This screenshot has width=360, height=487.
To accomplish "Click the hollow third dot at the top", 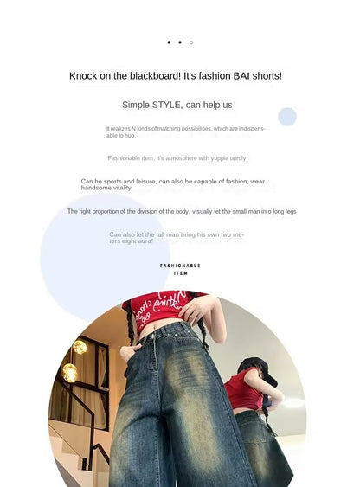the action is click(x=191, y=42).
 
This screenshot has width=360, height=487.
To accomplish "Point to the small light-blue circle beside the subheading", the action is click(x=287, y=117).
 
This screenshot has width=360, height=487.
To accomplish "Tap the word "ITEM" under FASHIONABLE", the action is click(x=180, y=273).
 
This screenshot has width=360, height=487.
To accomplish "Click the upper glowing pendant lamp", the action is click(x=80, y=346).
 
